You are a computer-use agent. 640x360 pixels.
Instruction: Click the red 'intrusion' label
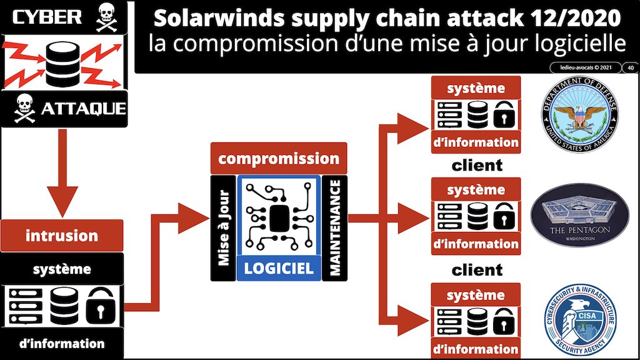tap(61, 236)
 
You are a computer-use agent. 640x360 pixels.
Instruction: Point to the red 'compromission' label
tap(278, 158)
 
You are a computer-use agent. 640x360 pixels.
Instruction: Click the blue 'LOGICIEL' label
tap(278, 269)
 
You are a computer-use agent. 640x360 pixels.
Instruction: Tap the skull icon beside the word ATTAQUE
tap(24, 110)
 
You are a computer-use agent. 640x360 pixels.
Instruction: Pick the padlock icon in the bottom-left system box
tap(97, 306)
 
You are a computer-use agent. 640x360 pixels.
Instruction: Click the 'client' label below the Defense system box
tap(476, 165)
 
